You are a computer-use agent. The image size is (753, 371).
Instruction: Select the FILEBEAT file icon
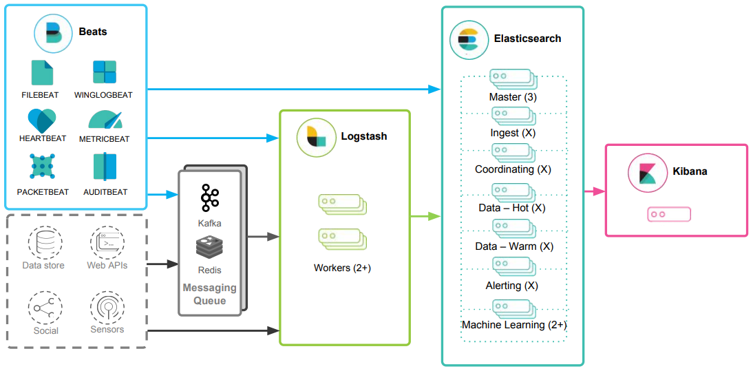point(41,72)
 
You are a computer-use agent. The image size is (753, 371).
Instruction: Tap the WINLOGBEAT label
point(103,95)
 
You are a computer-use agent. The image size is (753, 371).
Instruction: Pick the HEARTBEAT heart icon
point(42,120)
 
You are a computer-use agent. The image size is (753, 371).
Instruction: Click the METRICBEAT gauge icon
point(105,120)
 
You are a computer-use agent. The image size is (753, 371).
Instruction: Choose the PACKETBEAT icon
point(42,167)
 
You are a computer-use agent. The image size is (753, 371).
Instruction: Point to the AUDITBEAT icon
point(105,167)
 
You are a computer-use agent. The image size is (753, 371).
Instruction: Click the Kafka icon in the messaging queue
point(210,198)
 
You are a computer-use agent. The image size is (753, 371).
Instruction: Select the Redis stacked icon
point(210,246)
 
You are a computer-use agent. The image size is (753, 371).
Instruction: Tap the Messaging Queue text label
point(210,294)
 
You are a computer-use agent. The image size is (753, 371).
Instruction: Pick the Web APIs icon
point(107,242)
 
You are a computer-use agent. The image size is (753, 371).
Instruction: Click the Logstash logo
point(316,137)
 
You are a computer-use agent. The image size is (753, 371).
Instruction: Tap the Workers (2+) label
point(342,268)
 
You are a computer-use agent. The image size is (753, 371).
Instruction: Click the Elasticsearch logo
point(468,40)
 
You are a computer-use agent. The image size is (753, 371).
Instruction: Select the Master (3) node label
point(513,97)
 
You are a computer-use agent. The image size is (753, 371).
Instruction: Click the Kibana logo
point(647,172)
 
